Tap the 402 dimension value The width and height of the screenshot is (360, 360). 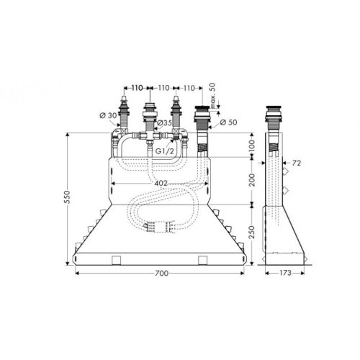click(x=160, y=184)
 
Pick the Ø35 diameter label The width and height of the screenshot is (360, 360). click(x=166, y=122)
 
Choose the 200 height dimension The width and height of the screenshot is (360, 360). click(x=251, y=179)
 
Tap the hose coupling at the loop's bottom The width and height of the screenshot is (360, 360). click(x=160, y=228)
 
